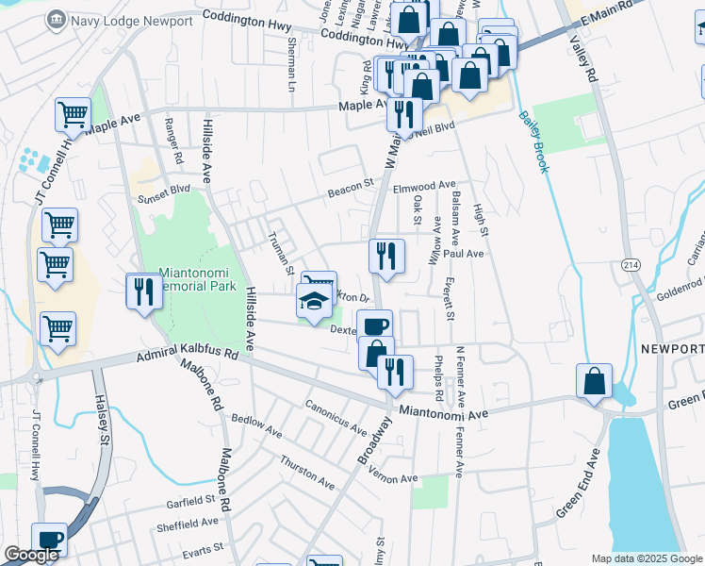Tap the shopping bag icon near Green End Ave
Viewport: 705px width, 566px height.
tap(595, 382)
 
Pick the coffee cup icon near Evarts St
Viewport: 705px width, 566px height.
tap(49, 540)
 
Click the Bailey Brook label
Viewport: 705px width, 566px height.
tap(533, 142)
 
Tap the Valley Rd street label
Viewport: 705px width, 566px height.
tap(582, 58)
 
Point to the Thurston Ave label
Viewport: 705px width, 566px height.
tap(306, 472)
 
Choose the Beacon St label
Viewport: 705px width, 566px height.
tap(351, 192)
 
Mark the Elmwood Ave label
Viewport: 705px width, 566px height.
tap(424, 187)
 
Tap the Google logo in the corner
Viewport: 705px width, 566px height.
tap(31, 555)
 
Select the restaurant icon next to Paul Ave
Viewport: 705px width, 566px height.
tap(386, 256)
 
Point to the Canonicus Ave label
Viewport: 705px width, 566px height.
tap(335, 416)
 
